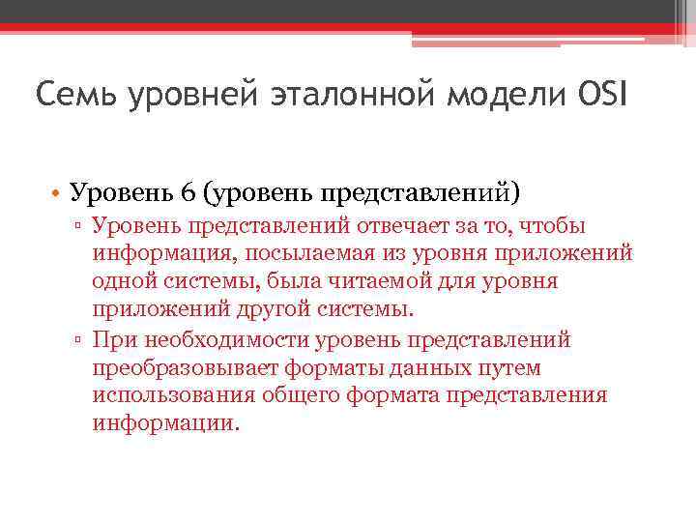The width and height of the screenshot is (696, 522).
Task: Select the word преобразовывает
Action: (x=184, y=367)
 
